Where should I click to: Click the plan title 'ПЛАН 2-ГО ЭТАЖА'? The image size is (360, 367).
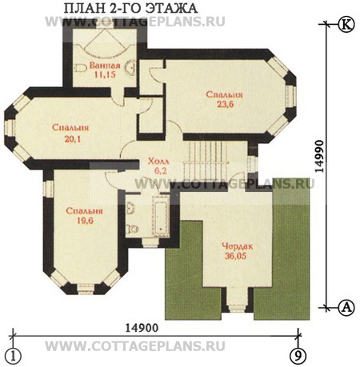tap(130, 8)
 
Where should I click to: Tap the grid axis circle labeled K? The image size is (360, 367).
tap(346, 24)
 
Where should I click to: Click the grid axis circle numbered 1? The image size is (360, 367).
tap(12, 356)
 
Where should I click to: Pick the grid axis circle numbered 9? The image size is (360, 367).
tap(298, 356)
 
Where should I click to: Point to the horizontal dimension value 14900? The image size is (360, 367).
tap(142, 328)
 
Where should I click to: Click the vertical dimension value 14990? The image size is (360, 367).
tap(319, 157)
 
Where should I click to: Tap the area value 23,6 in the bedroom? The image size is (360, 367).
tap(225, 104)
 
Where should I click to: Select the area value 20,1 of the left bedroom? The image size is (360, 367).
tap(72, 139)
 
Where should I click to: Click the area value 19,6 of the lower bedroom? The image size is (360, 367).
tap(86, 221)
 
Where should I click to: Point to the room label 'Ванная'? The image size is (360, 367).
tap(105, 65)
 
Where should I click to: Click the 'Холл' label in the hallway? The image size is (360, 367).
tap(158, 161)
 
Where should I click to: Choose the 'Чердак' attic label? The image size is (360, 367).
tap(238, 246)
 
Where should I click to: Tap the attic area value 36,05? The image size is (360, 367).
tap(235, 256)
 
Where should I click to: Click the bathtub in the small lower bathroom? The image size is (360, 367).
tap(161, 216)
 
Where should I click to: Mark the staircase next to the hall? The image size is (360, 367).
tap(206, 161)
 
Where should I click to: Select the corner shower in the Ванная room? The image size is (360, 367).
tap(105, 43)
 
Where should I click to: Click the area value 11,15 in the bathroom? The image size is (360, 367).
tap(105, 74)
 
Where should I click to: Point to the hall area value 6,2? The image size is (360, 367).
tap(161, 170)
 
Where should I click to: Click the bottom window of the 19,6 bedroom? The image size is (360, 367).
tap(86, 289)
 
